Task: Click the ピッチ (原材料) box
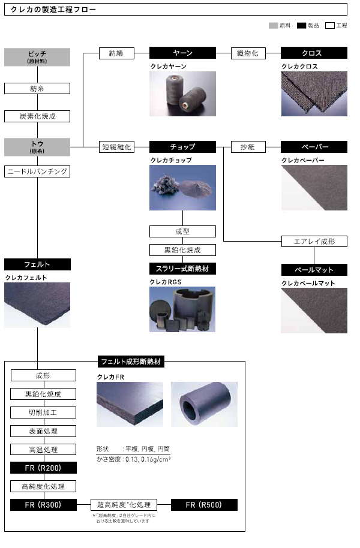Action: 37,57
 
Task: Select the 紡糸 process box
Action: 37,89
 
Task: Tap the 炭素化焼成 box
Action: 37,116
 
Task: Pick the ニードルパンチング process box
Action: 37,171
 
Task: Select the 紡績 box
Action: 116,53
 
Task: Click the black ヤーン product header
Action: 182,53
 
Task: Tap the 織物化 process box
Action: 248,53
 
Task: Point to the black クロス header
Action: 314,53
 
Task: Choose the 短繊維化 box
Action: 116,146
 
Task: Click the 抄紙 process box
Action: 248,146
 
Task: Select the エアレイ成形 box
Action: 315,242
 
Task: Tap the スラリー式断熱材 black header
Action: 182,269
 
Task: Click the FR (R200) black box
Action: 43,468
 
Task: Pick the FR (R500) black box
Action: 205,504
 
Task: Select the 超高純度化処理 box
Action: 124,504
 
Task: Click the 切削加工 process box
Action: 43,412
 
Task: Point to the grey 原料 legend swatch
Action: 273,26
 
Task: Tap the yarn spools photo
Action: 182,94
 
